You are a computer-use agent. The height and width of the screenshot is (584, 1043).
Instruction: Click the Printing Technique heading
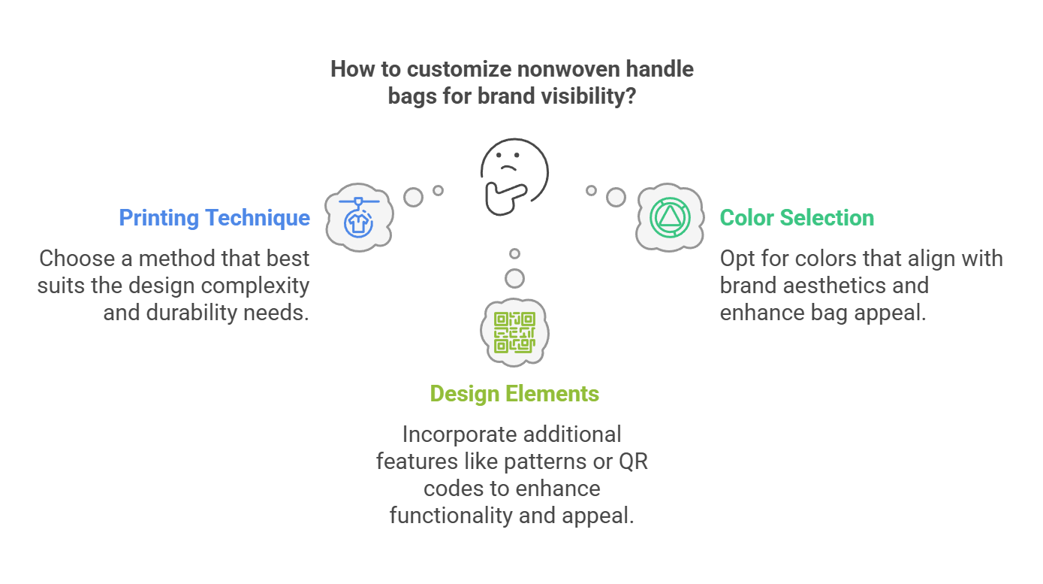[214, 218]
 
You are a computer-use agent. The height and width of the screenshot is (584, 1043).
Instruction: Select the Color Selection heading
[797, 218]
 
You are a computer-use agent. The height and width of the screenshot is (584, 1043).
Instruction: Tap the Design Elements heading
[514, 394]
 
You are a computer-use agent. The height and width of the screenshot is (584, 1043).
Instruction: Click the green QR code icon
[514, 332]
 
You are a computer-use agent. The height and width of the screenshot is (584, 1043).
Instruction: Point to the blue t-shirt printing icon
[358, 218]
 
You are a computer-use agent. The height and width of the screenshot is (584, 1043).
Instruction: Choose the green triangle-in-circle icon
[670, 218]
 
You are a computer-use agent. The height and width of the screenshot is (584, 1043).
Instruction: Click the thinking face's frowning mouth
[508, 167]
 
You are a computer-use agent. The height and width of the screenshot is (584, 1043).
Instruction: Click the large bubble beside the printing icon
[414, 197]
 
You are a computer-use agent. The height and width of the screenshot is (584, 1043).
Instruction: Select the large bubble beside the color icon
[616, 197]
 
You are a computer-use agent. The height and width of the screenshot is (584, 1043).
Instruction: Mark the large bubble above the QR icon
[514, 279]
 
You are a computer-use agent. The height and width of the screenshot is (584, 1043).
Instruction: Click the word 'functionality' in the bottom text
[451, 516]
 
